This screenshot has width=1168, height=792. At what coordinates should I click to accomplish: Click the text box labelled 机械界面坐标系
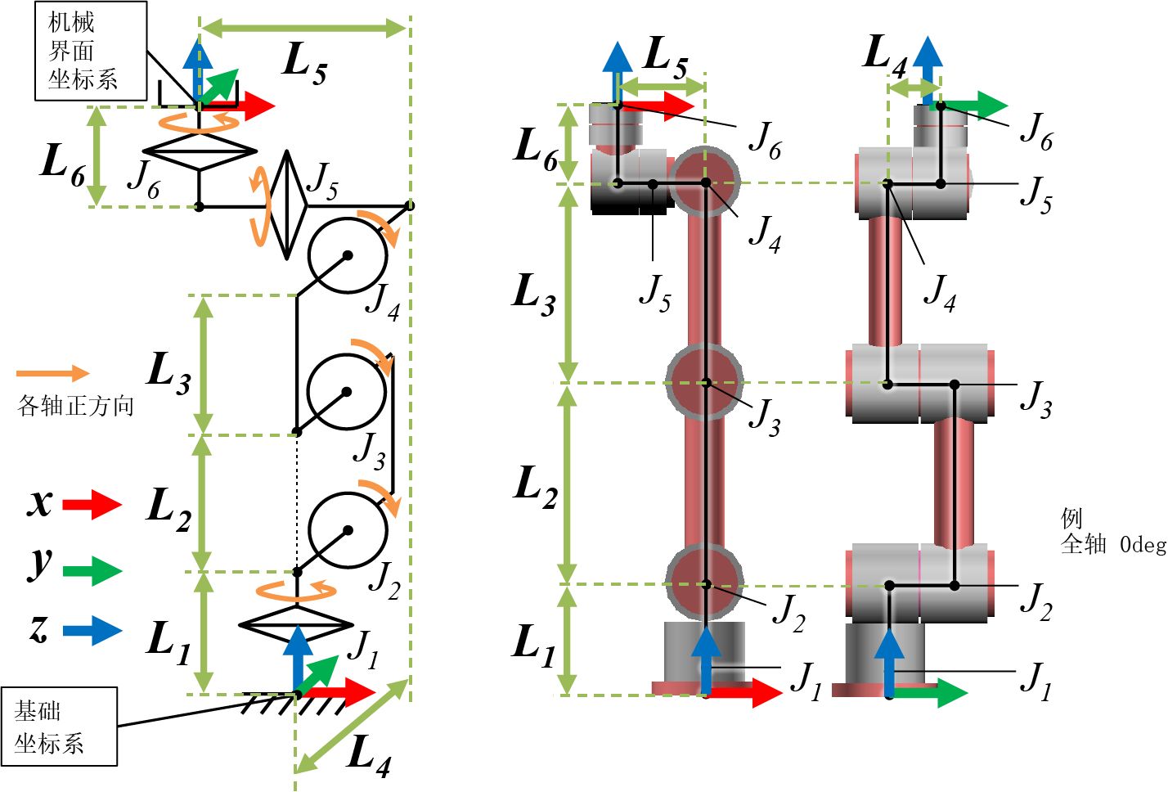click(x=90, y=51)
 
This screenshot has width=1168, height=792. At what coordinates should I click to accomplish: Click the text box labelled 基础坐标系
click(x=59, y=727)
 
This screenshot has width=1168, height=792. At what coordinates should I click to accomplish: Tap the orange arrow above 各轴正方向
click(x=54, y=373)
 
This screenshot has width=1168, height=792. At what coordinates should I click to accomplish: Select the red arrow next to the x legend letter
click(x=92, y=504)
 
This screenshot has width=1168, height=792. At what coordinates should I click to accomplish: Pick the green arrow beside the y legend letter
click(x=92, y=570)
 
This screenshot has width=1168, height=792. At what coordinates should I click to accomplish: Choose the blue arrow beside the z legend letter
click(x=92, y=630)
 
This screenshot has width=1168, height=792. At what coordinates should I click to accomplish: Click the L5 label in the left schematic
click(x=304, y=63)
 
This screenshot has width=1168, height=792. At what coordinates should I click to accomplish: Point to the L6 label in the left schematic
click(x=63, y=164)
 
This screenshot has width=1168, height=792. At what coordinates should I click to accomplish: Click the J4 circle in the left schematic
click(x=347, y=255)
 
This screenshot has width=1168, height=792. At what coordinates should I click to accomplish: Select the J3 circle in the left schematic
click(x=347, y=392)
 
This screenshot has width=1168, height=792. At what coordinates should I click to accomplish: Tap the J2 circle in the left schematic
click(x=347, y=530)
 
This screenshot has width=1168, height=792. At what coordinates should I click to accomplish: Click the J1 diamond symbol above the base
click(x=296, y=624)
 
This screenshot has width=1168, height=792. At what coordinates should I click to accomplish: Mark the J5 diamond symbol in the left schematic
click(x=287, y=205)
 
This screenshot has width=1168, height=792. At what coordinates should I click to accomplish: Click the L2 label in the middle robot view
click(x=536, y=486)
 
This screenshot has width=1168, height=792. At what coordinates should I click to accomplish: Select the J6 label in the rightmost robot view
click(x=1036, y=131)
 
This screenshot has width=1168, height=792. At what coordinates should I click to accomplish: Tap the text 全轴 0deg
click(x=1112, y=544)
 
